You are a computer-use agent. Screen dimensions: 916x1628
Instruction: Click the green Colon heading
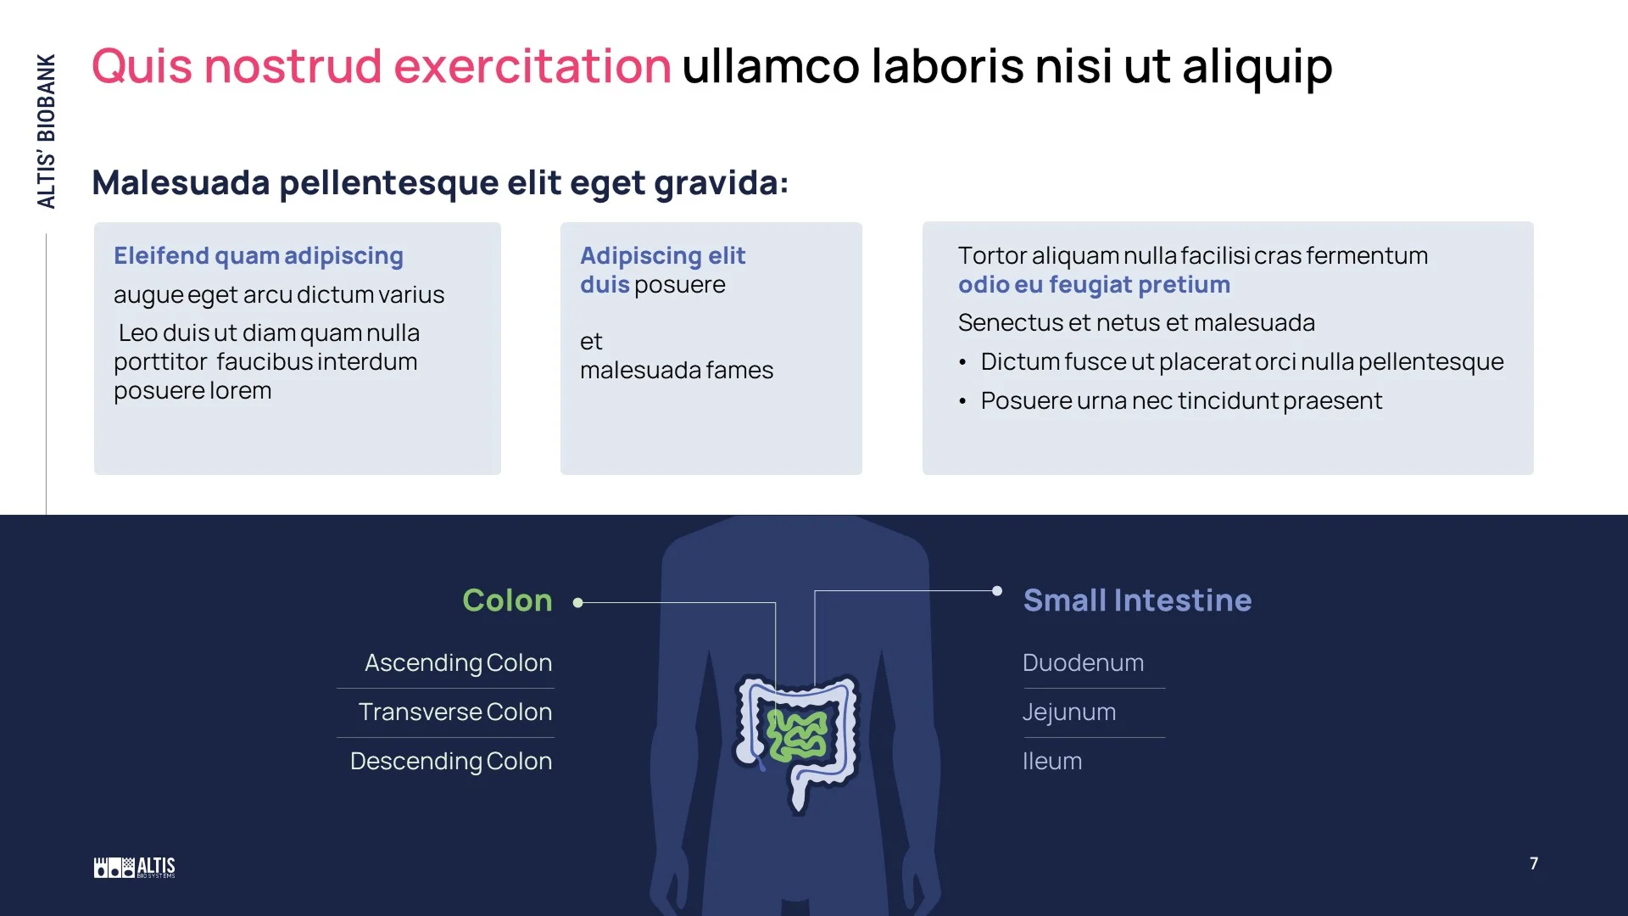(x=507, y=600)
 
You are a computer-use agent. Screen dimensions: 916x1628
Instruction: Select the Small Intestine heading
(x=1137, y=600)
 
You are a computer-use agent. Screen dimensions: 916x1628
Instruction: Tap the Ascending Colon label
(x=458, y=662)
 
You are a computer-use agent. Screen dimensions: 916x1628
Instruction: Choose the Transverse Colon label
(x=454, y=712)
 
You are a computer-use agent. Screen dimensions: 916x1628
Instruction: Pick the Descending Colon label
(x=450, y=761)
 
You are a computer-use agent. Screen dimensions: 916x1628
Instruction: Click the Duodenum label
(x=1083, y=662)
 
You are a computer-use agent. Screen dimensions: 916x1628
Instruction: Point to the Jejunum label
(x=1068, y=712)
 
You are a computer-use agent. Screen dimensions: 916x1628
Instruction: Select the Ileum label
(x=1051, y=761)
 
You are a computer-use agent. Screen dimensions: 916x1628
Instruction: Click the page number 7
(x=1533, y=863)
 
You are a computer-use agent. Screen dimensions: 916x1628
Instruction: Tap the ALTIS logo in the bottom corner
(x=134, y=867)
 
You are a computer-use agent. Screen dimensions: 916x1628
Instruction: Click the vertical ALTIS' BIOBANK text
(x=47, y=131)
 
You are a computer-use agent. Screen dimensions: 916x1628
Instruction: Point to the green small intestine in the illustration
(x=797, y=734)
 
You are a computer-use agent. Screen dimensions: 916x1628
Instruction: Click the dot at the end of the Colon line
(x=577, y=603)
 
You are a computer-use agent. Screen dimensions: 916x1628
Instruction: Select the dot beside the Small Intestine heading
(x=997, y=591)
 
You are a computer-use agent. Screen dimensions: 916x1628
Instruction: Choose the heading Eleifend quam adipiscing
(x=259, y=255)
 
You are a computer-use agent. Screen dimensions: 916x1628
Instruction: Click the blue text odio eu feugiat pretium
(x=1094, y=284)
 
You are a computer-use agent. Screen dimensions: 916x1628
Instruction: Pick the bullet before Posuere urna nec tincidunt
(x=962, y=401)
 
